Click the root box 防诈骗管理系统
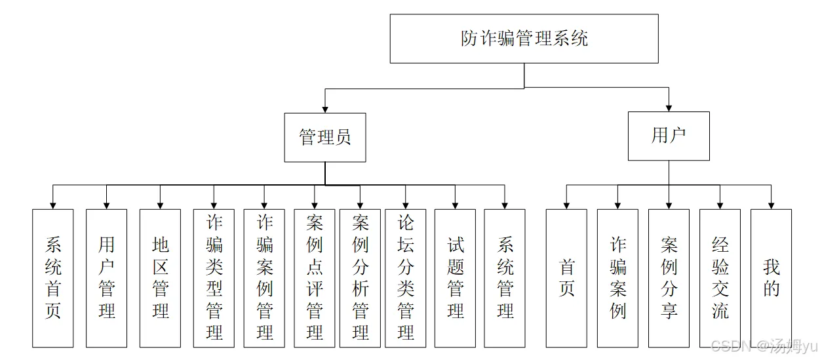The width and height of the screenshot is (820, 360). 524,39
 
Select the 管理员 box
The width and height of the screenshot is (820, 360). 325,137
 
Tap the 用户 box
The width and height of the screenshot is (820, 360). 669,136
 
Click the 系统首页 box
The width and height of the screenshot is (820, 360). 53,278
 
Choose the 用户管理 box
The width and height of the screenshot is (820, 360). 107,278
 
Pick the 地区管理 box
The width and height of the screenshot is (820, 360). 161,278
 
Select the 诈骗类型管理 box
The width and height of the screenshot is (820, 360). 214,278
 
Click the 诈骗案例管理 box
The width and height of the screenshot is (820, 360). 264,278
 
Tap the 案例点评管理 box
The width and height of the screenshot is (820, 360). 315,278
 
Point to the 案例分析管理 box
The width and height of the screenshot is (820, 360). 361,278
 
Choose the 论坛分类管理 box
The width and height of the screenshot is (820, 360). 406,278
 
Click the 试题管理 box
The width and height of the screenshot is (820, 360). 456,278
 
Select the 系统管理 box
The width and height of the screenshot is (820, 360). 505,278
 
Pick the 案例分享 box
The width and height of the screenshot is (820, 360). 669,278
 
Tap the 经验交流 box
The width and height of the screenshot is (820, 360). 720,278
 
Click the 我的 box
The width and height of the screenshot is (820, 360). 771,278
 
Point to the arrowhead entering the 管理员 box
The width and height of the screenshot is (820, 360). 325,108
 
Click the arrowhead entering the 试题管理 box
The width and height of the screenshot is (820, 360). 456,205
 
